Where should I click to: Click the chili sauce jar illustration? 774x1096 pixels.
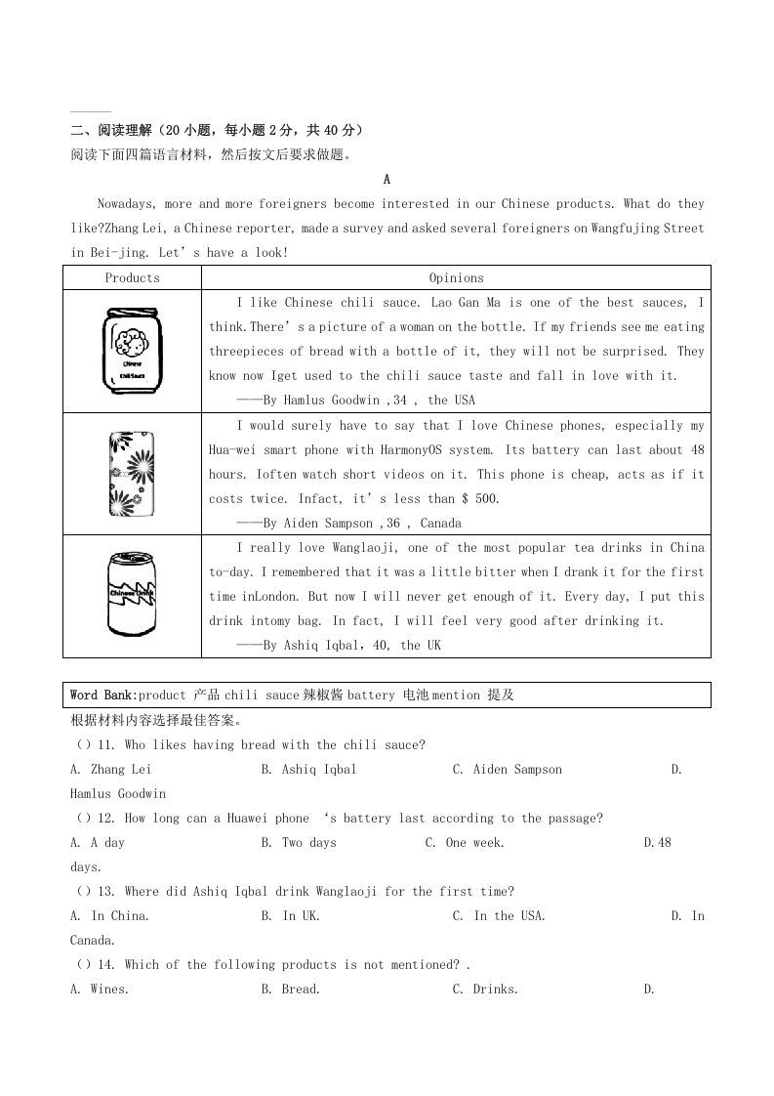pyautogui.click(x=131, y=352)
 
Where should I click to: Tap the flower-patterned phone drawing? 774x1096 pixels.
pyautogui.click(x=131, y=474)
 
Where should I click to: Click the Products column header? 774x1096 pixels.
pyautogui.click(x=132, y=278)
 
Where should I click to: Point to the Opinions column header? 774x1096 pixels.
pyautogui.click(x=456, y=278)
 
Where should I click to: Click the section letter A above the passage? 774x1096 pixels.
pyautogui.click(x=387, y=180)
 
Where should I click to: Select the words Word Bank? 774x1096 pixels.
pyautogui.click(x=102, y=696)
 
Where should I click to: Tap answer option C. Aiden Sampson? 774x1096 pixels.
pyautogui.click(x=507, y=770)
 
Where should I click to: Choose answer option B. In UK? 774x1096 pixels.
pyautogui.click(x=290, y=916)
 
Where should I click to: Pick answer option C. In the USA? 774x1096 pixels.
pyautogui.click(x=499, y=916)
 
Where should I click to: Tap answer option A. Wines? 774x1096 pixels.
pyautogui.click(x=100, y=990)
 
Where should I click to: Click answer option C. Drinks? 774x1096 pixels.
pyautogui.click(x=485, y=990)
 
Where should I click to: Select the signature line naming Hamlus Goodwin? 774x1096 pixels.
pyautogui.click(x=355, y=400)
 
